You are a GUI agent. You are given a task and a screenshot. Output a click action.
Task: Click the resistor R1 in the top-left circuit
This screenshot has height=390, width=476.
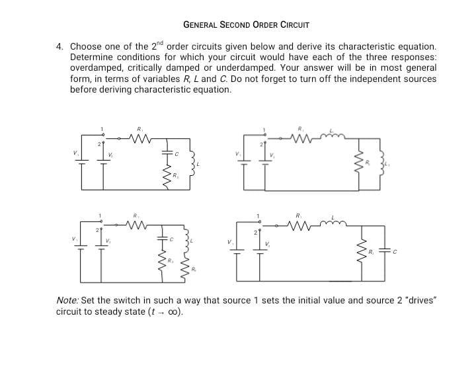point(140,139)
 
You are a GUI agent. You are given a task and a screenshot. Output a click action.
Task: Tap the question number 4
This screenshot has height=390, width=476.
point(59,47)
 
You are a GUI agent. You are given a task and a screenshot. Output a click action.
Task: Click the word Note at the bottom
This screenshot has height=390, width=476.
point(67,301)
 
